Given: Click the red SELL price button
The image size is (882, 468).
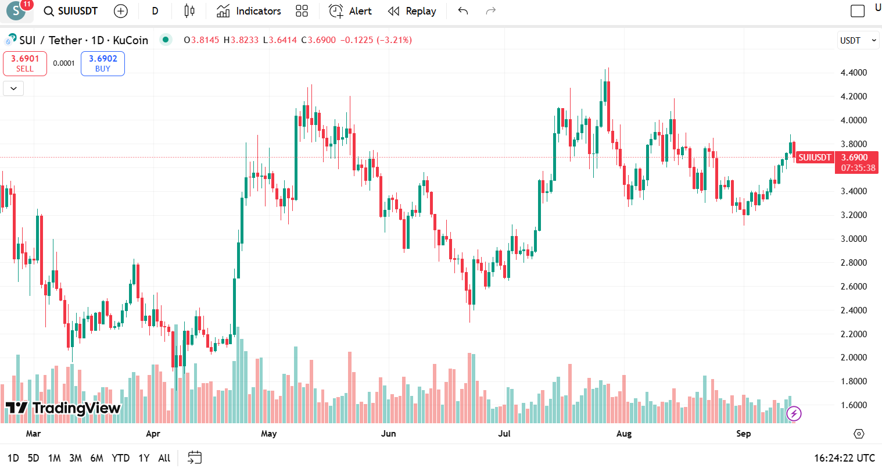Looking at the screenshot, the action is click(x=25, y=63).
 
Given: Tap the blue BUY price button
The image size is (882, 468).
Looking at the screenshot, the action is click(x=103, y=63).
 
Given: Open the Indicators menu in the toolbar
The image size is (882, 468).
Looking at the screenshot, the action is click(x=249, y=11).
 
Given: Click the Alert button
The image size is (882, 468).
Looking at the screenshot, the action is click(x=350, y=11).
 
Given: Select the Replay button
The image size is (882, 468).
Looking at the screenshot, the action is click(x=412, y=11).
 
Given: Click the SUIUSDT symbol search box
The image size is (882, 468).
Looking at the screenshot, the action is click(x=71, y=11).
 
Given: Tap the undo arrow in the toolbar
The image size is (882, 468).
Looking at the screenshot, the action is click(x=463, y=11).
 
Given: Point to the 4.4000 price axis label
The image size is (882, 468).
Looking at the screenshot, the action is click(x=854, y=73).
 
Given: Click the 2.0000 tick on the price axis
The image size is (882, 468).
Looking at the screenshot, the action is click(x=854, y=358).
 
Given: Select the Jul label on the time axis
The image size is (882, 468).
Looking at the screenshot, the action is click(x=504, y=434).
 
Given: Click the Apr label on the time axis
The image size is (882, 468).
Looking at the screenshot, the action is click(x=153, y=434).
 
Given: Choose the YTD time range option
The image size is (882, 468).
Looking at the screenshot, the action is click(x=120, y=458).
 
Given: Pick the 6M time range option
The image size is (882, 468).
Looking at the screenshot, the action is click(x=96, y=458).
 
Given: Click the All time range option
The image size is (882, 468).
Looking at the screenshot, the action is click(x=164, y=458).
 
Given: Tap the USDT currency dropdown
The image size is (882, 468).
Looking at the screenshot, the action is click(x=858, y=41).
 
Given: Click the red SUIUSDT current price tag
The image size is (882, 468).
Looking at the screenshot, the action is click(x=814, y=158).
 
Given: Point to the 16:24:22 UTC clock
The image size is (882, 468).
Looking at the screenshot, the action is click(x=839, y=458).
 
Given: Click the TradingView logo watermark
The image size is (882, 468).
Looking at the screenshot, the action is click(x=63, y=408).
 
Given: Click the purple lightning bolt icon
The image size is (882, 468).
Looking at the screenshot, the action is click(x=794, y=413).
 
